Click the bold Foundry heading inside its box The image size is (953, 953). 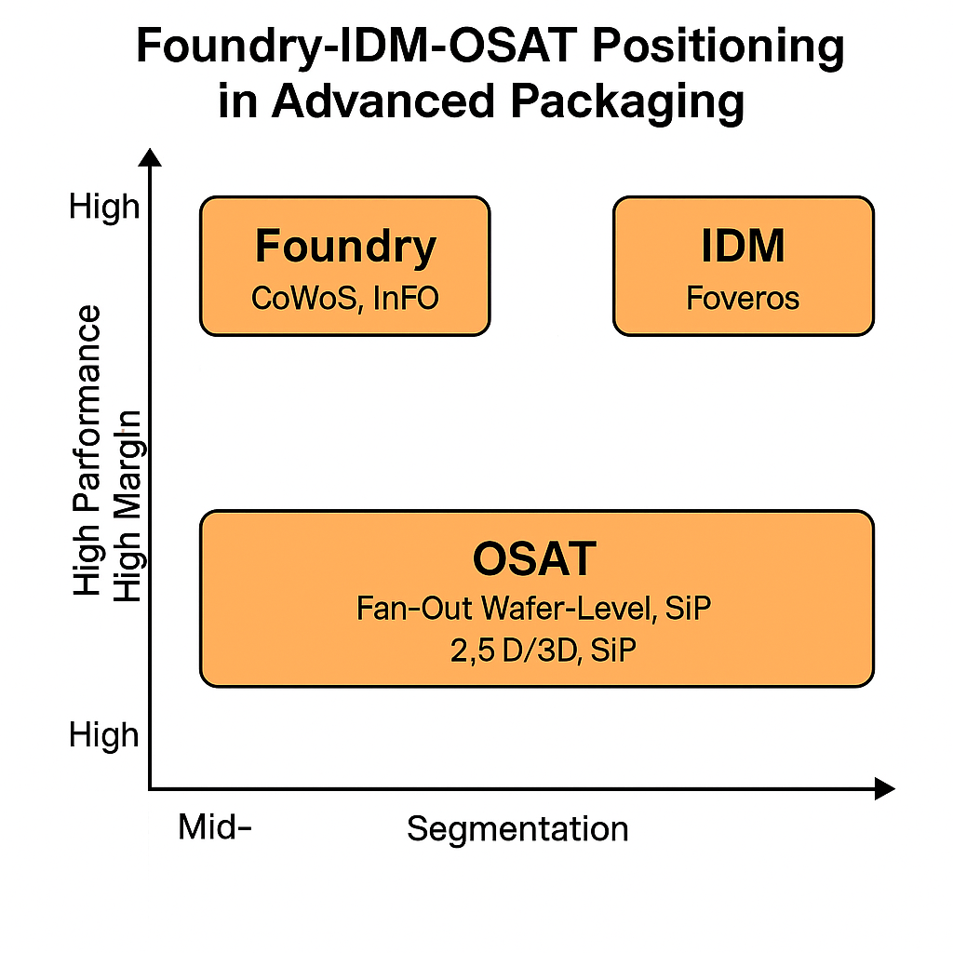(x=345, y=247)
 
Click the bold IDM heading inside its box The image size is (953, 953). (x=743, y=247)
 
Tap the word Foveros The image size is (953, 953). (x=743, y=299)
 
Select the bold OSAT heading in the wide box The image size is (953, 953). (x=534, y=559)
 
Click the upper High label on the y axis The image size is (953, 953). (x=103, y=207)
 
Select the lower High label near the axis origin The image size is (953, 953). (x=103, y=735)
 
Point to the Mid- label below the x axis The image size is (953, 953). (x=215, y=826)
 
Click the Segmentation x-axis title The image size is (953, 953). (x=517, y=827)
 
